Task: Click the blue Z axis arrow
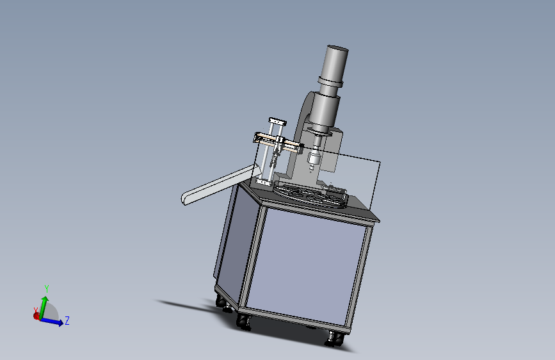52,321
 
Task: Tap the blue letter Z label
67,321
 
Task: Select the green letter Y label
46,289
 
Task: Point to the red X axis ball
36,316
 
